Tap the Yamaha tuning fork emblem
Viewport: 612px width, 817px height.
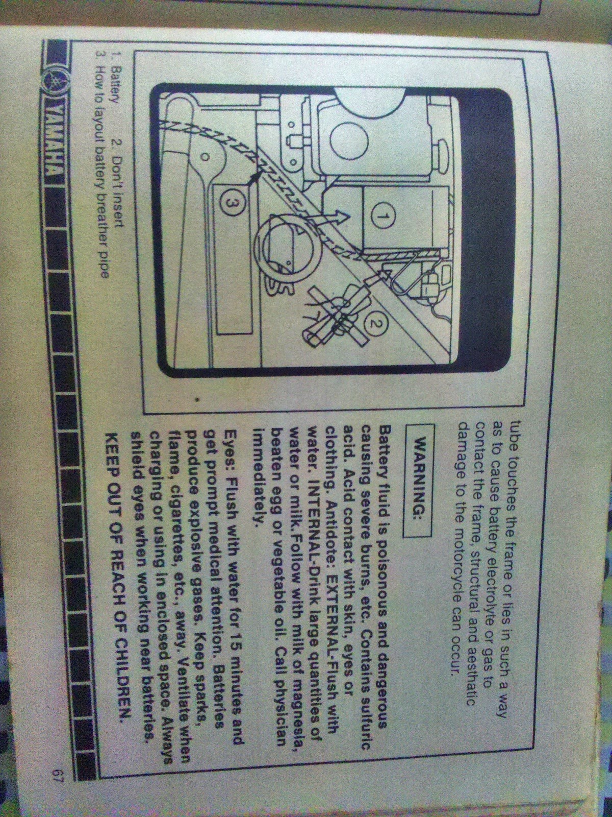[53, 81]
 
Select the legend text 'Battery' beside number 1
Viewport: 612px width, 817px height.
[115, 82]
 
